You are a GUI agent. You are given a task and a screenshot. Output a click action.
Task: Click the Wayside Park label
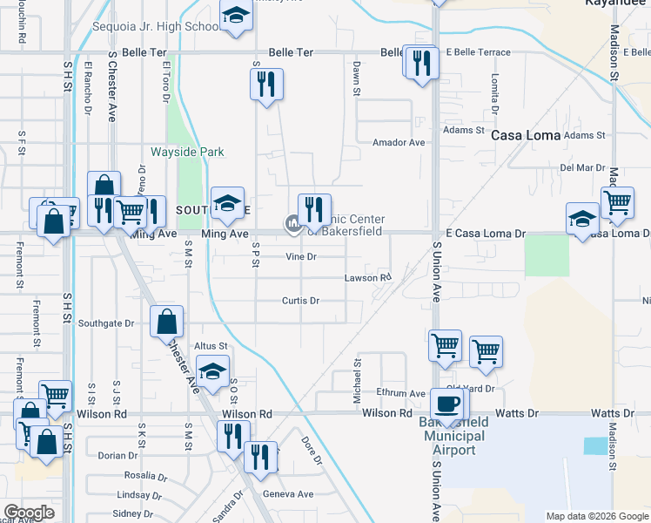click(187, 152)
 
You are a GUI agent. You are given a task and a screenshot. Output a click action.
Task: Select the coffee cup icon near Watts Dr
click(448, 404)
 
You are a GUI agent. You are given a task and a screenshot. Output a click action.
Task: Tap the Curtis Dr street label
click(300, 301)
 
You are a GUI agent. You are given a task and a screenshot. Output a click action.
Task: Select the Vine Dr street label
click(300, 256)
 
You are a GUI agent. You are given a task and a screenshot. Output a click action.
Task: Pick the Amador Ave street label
click(398, 142)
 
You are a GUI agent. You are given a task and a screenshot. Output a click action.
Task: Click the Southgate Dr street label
click(106, 323)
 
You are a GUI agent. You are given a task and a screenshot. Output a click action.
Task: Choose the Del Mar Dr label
click(582, 166)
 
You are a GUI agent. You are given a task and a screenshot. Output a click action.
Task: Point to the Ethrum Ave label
click(399, 393)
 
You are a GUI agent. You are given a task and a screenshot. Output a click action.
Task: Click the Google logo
click(30, 513)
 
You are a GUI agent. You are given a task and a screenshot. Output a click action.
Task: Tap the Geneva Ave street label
click(287, 494)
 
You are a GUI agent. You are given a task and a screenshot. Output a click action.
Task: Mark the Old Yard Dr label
click(470, 388)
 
